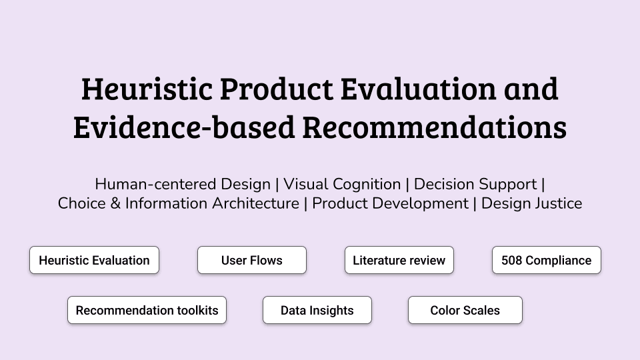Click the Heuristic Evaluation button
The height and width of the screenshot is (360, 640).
pyautogui.click(x=94, y=260)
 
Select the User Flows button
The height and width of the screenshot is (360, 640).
pyautogui.click(x=252, y=260)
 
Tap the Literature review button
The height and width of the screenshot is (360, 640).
pyautogui.click(x=399, y=260)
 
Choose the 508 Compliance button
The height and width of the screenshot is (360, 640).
pyautogui.click(x=547, y=260)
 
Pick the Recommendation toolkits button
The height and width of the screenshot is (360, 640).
pyautogui.click(x=147, y=310)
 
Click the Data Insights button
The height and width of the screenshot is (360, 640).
pyautogui.click(x=317, y=310)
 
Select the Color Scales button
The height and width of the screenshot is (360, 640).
pyautogui.click(x=465, y=310)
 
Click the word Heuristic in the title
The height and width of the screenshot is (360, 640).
pyautogui.click(x=147, y=89)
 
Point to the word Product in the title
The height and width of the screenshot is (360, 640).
pyautogui.click(x=276, y=89)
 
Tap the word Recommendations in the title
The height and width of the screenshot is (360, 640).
pyautogui.click(x=434, y=127)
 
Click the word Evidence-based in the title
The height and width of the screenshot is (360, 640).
pyautogui.click(x=184, y=127)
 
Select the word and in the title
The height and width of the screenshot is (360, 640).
pyautogui.click(x=531, y=89)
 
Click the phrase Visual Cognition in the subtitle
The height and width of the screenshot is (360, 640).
pyautogui.click(x=342, y=184)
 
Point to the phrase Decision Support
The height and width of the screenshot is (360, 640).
pyautogui.click(x=475, y=185)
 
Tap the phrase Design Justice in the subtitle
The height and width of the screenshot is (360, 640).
pyautogui.click(x=532, y=204)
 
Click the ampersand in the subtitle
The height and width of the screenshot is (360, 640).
pyautogui.click(x=115, y=204)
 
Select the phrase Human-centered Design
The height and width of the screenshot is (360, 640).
pyautogui.click(x=183, y=185)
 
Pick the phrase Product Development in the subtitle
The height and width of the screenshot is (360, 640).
pyautogui.click(x=390, y=204)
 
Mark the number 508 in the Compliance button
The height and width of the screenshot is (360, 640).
pyautogui.click(x=512, y=261)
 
